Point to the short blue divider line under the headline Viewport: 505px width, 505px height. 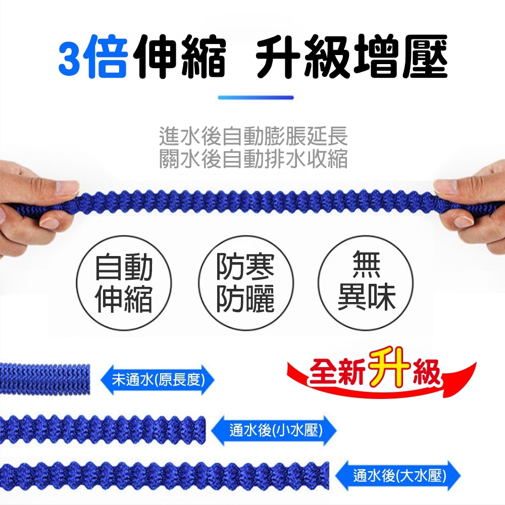point(256,97)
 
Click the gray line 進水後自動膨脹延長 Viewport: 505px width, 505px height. point(253,136)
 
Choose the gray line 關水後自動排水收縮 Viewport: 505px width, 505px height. point(253,159)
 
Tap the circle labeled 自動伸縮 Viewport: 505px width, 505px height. point(124,283)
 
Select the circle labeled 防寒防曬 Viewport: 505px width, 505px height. point(245,283)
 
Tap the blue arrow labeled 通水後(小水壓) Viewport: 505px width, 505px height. point(274,430)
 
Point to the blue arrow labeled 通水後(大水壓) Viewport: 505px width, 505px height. point(398,476)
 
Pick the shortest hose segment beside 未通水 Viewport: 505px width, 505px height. point(45,378)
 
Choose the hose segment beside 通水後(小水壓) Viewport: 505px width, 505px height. point(103,429)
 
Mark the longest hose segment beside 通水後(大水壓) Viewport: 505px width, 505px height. point(165,476)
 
